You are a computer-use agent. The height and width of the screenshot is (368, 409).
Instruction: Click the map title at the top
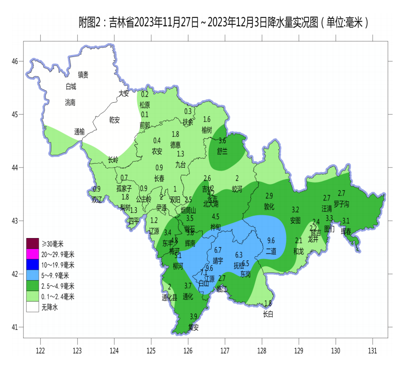(x=224, y=22)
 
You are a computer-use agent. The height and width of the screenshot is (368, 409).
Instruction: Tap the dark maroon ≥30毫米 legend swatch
(x=32, y=243)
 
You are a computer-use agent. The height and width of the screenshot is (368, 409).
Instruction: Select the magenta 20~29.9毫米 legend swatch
(x=32, y=254)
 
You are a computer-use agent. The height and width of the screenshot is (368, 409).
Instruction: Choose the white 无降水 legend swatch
(x=32, y=307)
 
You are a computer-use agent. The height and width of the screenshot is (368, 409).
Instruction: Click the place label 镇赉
(x=83, y=75)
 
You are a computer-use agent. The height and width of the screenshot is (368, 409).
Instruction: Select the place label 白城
(x=71, y=86)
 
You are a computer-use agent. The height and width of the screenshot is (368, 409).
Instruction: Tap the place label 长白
(x=268, y=314)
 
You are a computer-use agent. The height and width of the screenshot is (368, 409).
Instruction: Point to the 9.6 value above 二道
(x=271, y=241)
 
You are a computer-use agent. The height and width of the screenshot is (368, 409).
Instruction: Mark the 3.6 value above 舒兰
(x=222, y=141)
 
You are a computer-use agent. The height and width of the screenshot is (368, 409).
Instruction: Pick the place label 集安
(x=193, y=327)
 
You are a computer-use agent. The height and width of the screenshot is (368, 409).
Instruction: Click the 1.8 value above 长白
(x=268, y=304)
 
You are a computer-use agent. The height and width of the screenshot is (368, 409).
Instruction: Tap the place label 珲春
(x=346, y=232)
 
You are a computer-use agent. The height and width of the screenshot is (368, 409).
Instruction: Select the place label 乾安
(x=115, y=120)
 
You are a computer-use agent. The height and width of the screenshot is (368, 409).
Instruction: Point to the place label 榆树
(x=207, y=130)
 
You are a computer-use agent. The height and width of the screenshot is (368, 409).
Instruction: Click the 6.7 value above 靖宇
(x=218, y=249)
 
